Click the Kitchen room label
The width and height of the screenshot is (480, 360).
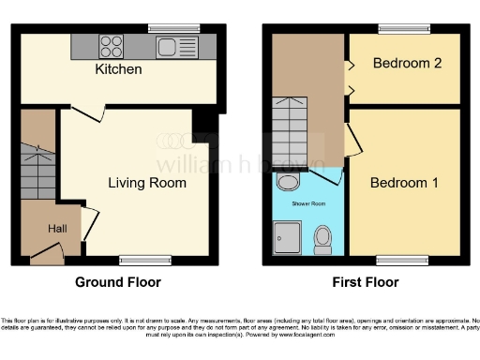tap(118, 69)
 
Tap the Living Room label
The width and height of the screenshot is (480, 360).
tap(146, 182)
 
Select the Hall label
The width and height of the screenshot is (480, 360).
tap(58, 227)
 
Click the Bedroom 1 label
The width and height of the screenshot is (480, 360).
tap(404, 182)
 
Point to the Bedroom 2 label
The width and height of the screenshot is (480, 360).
tap(406, 64)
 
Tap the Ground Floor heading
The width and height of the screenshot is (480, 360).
tap(117, 282)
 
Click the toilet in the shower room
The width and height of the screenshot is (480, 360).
tap(322, 238)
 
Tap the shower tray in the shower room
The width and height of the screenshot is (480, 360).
tap(286, 239)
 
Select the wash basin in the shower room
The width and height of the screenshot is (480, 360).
tap(290, 182)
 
